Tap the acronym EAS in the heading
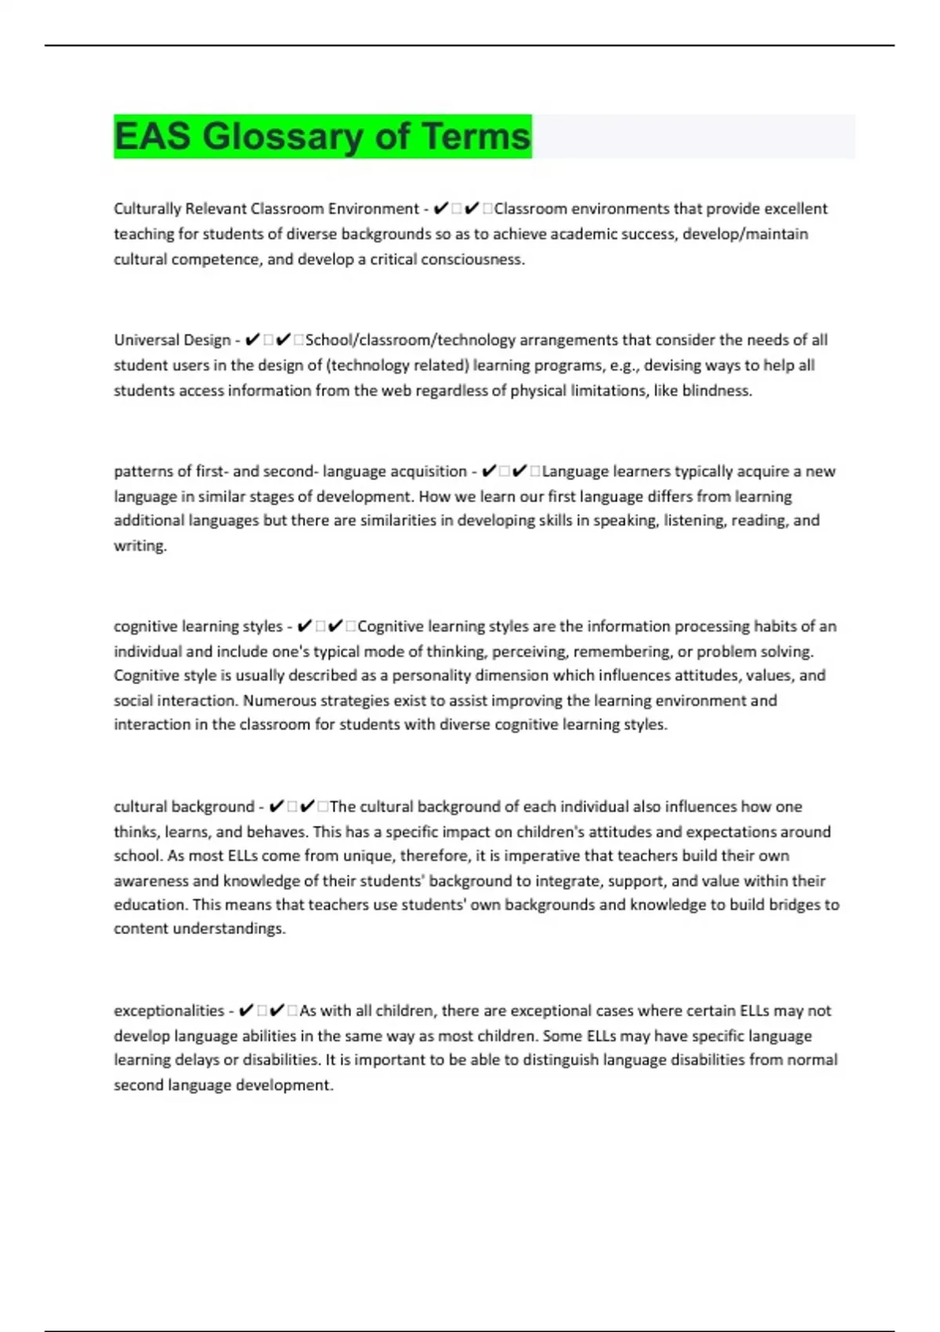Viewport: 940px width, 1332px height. pyautogui.click(x=152, y=136)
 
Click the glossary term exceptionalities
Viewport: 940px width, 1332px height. pyautogui.click(x=168, y=1011)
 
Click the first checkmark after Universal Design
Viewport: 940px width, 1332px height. pyautogui.click(x=252, y=340)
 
